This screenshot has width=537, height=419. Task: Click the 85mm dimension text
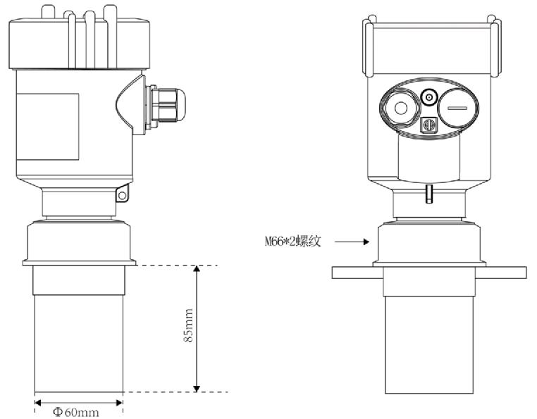pyautogui.click(x=186, y=328)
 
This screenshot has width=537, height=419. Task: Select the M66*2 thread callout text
pyautogui.click(x=288, y=242)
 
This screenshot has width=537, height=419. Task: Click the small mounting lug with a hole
pyautogui.click(x=122, y=192)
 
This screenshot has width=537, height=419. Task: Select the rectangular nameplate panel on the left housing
pyautogui.click(x=47, y=124)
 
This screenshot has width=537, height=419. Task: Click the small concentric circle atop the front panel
pyautogui.click(x=428, y=96)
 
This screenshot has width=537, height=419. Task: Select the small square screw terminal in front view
pyautogui.click(x=427, y=125)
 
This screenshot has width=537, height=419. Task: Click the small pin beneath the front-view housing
pyautogui.click(x=427, y=193)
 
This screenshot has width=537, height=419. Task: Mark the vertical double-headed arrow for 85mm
pyautogui.click(x=197, y=328)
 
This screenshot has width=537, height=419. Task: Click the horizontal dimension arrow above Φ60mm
pyautogui.click(x=78, y=402)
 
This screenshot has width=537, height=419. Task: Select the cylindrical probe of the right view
pyautogui.click(x=428, y=345)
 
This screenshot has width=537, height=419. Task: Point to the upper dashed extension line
pyautogui.click(x=176, y=265)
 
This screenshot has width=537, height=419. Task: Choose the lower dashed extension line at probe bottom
pyautogui.click(x=176, y=392)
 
